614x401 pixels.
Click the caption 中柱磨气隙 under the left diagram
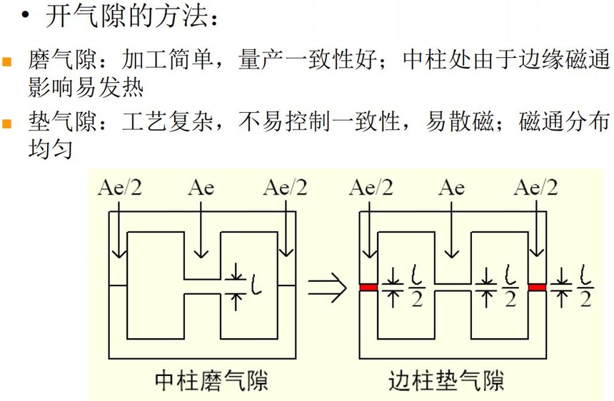(211, 380)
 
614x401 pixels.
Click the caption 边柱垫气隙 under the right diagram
(446, 380)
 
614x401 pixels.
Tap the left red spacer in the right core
(368, 288)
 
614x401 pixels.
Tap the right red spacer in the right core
(537, 288)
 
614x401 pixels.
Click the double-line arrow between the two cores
(328, 288)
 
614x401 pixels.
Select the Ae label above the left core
(201, 188)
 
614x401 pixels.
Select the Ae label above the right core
(451, 188)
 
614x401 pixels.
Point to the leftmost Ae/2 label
(120, 187)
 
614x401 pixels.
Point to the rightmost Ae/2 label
(535, 187)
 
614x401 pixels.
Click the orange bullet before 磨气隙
(6, 62)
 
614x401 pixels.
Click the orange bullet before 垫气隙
(6, 123)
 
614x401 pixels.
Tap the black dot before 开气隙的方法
(26, 15)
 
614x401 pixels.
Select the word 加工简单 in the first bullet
(167, 60)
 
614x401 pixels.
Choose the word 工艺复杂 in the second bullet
(167, 121)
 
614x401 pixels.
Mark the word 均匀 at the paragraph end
(50, 148)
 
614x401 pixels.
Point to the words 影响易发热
(86, 87)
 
